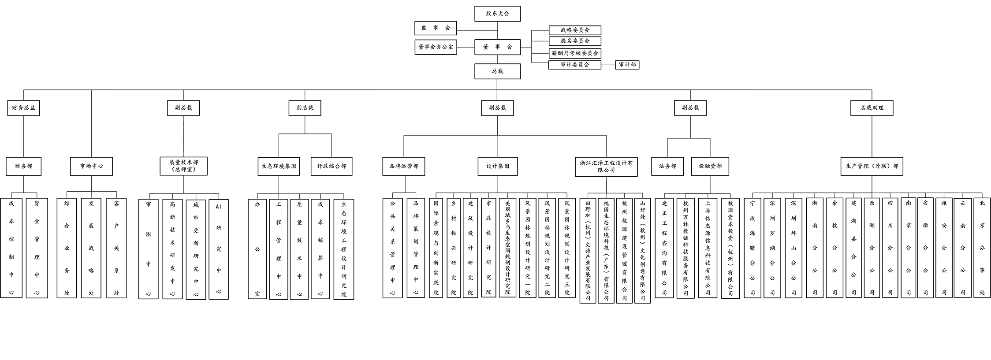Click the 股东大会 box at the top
tap(499, 14)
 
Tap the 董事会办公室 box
tap(436, 46)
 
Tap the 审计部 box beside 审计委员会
tap(629, 65)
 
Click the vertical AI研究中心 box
tap(216, 249)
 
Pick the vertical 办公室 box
tap(257, 249)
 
